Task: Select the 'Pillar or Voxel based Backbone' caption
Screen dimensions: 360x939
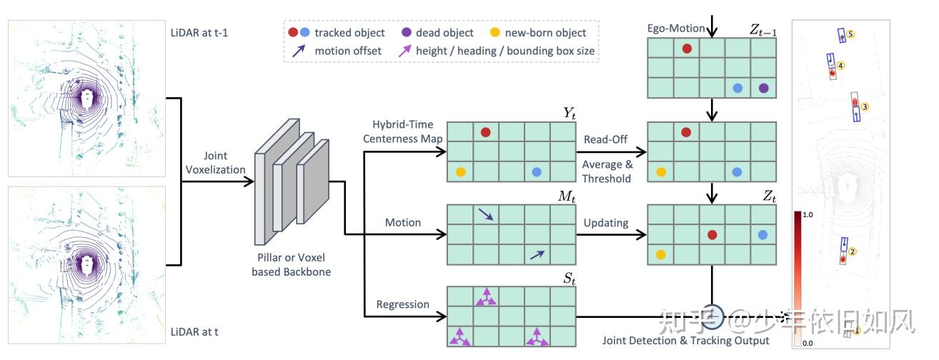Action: click(291, 265)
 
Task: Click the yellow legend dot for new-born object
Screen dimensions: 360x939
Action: click(495, 32)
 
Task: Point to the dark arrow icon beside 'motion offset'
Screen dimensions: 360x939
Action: click(300, 51)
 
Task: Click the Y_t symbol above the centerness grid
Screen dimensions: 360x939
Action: click(569, 114)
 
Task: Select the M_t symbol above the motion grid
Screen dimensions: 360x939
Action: click(568, 196)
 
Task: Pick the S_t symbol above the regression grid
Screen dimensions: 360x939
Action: click(569, 278)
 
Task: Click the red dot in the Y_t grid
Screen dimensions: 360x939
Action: click(486, 132)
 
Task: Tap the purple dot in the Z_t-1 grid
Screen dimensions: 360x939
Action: click(763, 88)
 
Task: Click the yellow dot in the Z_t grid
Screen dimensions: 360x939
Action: click(661, 254)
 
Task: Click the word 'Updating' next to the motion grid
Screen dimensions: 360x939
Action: click(606, 222)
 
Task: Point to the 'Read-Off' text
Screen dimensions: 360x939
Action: click(606, 139)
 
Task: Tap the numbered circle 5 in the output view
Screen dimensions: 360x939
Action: click(851, 34)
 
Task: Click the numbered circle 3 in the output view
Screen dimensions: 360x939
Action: click(865, 107)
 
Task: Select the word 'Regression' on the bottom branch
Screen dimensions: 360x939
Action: click(403, 304)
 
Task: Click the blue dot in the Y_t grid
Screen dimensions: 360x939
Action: click(537, 172)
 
